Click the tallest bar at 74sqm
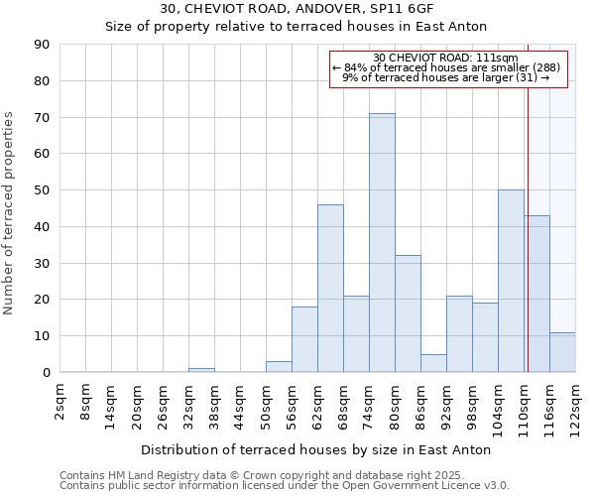[382, 243]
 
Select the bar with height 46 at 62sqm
[330, 289]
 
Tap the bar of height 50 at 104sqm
[511, 281]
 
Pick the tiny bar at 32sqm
[201, 370]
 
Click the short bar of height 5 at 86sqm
[433, 363]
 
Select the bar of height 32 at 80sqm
[408, 313]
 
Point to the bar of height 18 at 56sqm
[304, 339]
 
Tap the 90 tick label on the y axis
[42, 45]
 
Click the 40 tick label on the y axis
[42, 227]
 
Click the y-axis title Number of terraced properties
[10, 213]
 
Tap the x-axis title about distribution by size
[316, 450]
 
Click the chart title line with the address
[297, 9]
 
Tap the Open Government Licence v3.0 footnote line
[285, 486]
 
